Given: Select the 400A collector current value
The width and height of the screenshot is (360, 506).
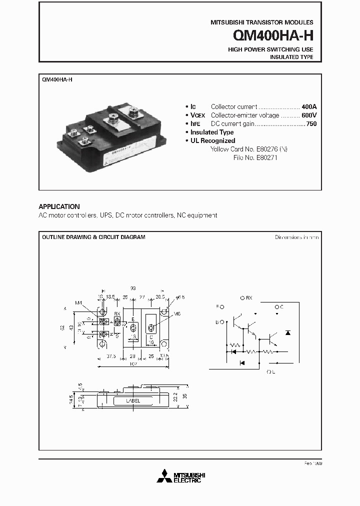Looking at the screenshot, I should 309,107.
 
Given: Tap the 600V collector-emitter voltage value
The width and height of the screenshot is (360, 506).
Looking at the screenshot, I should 309,115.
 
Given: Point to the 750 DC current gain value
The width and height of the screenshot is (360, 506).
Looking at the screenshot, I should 311,123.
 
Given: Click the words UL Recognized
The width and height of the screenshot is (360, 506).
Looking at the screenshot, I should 212,140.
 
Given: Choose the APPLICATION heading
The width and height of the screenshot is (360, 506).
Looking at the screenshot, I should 59,206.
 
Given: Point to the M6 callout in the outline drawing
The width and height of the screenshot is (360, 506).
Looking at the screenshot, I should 177,314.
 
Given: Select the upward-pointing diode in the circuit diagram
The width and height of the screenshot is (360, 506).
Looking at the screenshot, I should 286,332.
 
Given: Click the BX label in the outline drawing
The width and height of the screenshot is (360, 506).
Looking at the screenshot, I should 117,314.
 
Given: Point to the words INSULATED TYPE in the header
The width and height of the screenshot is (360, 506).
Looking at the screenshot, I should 291,57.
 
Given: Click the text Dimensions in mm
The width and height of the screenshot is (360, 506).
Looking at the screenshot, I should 296,237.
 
